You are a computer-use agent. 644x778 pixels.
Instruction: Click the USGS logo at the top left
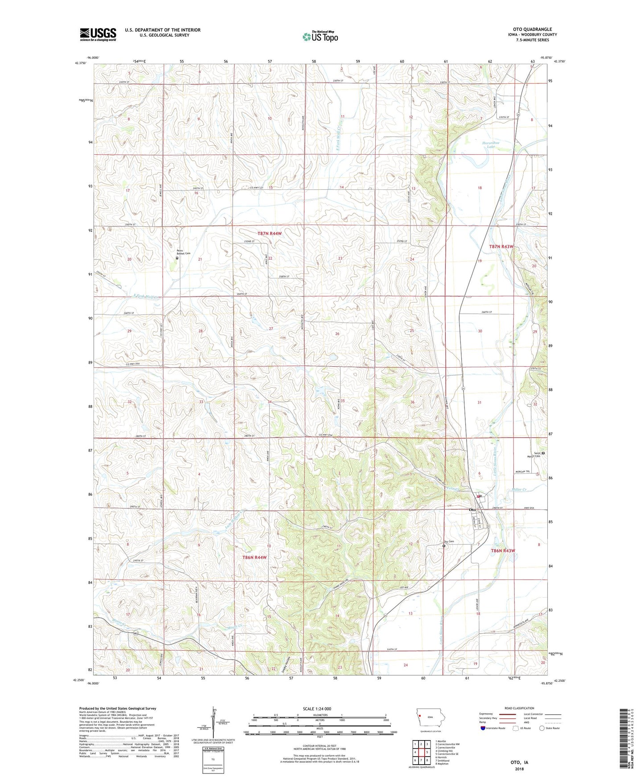click(x=98, y=34)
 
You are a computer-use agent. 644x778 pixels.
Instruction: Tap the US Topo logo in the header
click(x=320, y=37)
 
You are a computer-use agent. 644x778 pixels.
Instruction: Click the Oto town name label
click(x=472, y=510)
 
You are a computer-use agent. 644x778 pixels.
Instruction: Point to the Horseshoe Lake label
click(x=491, y=144)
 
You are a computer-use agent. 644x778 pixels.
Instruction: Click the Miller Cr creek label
click(x=518, y=490)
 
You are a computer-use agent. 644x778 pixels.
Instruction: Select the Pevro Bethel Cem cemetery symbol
click(x=177, y=258)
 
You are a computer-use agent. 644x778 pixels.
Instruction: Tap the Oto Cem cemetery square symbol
click(x=444, y=545)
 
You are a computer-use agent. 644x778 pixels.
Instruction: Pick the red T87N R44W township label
click(x=270, y=233)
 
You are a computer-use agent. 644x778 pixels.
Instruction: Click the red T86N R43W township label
click(x=503, y=551)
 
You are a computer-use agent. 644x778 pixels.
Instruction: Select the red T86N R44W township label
click(x=254, y=557)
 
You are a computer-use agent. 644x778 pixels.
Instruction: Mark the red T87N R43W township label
click(x=501, y=246)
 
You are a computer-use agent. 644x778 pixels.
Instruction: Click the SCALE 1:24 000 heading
click(x=317, y=708)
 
